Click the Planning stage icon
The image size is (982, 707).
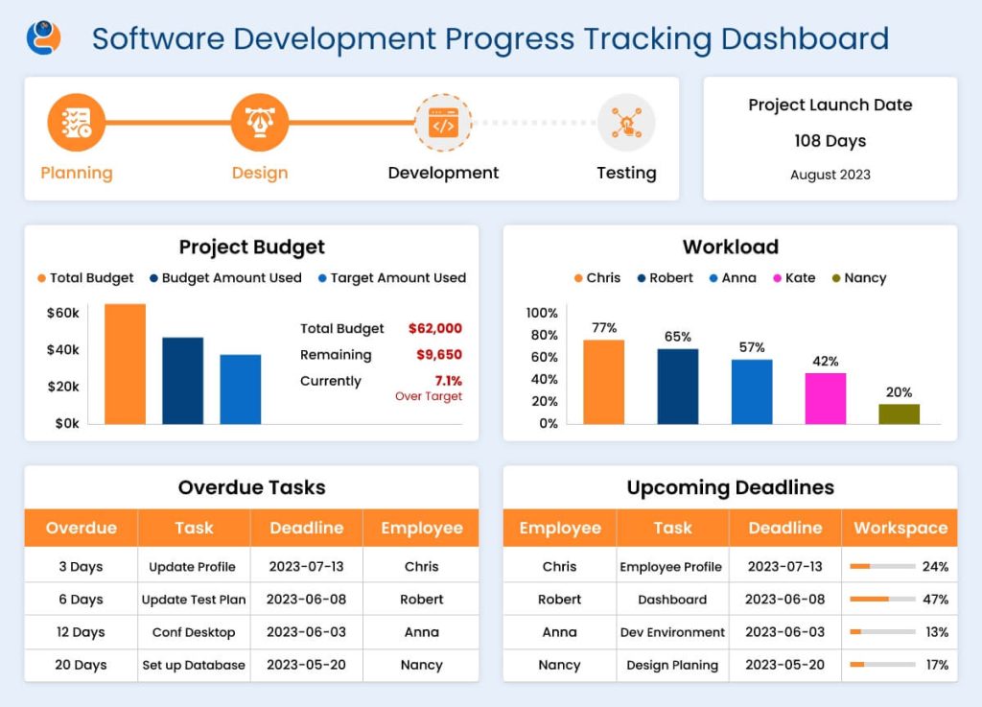[x=76, y=123]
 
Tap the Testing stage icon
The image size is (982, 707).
[x=625, y=123]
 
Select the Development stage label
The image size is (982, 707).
[x=443, y=173]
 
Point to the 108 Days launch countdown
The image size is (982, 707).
[x=830, y=141]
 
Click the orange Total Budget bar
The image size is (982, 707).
[x=125, y=364]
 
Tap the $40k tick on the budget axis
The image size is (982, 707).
[x=63, y=349]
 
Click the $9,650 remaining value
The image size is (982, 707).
[x=439, y=355]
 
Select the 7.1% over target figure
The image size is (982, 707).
[x=448, y=381]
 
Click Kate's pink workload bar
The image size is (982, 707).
[x=825, y=398]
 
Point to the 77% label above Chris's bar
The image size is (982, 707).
[x=604, y=328]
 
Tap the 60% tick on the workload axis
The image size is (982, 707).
[x=542, y=357]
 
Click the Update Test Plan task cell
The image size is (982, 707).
[x=194, y=600]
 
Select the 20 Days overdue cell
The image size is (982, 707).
[x=81, y=665]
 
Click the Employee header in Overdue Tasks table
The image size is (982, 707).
[x=421, y=529]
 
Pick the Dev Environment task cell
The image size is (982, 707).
[x=672, y=632]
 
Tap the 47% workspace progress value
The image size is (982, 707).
[x=935, y=600]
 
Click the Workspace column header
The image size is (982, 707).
[x=900, y=529]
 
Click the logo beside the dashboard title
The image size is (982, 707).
[x=43, y=38]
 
